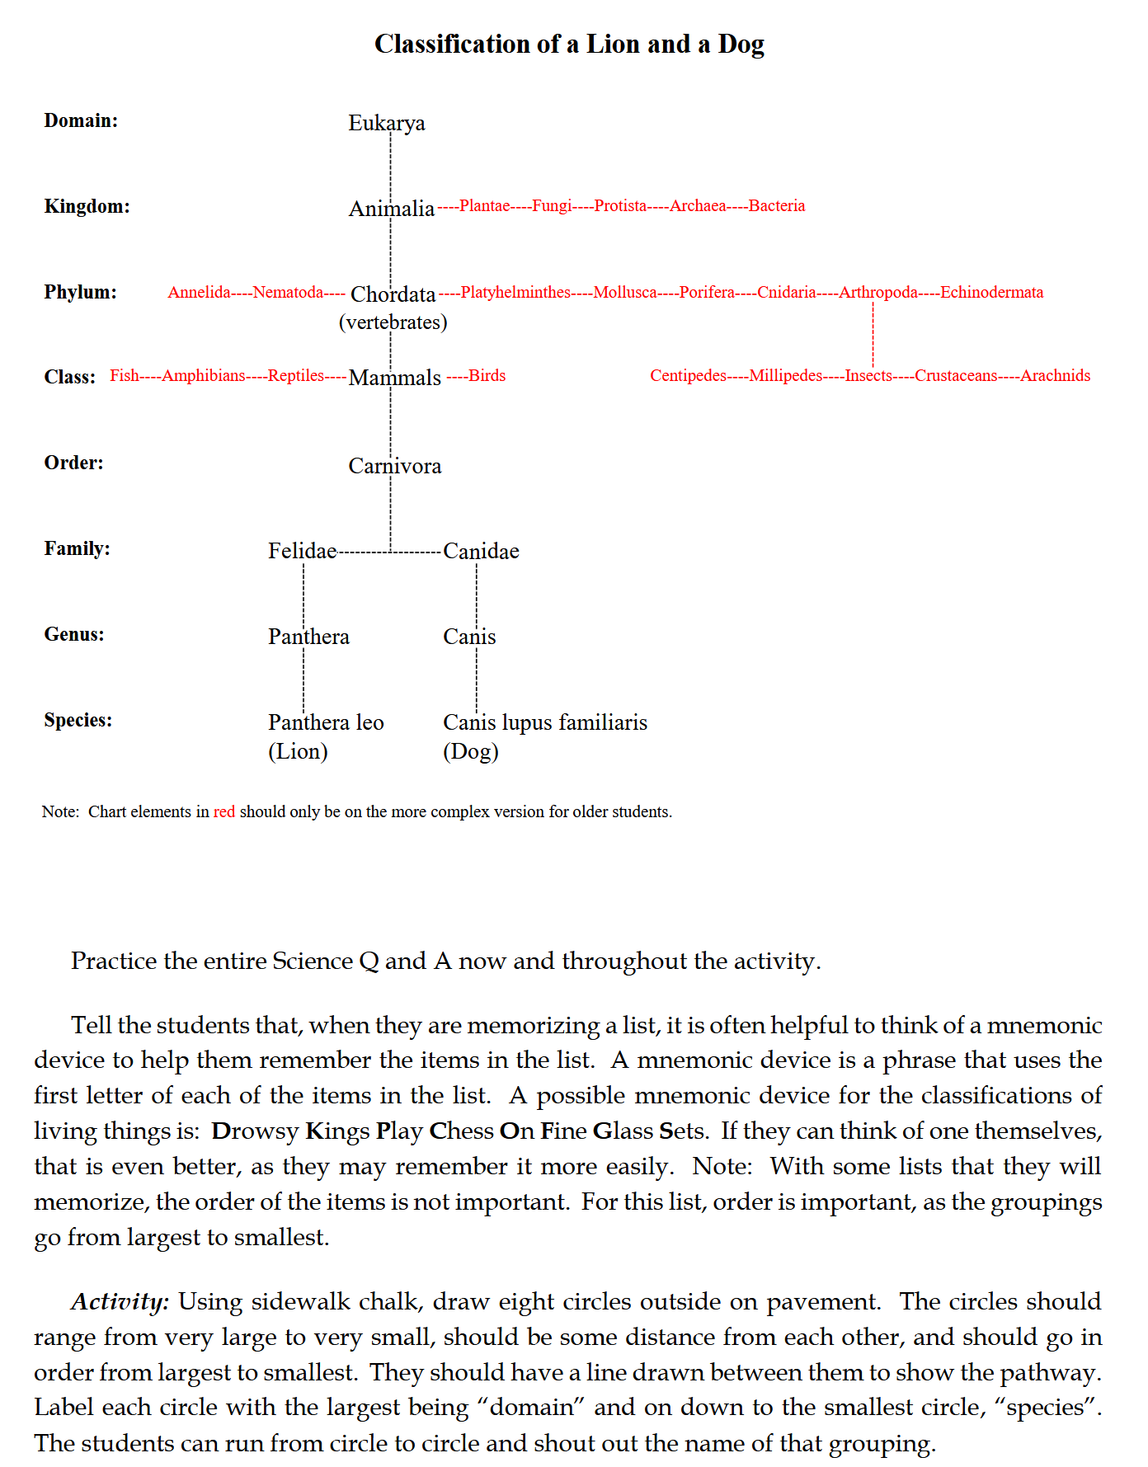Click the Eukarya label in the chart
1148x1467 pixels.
click(x=386, y=123)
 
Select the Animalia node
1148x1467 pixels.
click(x=391, y=209)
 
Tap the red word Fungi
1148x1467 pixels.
click(x=552, y=206)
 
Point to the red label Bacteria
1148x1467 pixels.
click(x=776, y=206)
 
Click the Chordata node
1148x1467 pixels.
click(x=393, y=294)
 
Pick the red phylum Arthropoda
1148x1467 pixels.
click(x=877, y=293)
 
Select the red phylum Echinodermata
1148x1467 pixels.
click(x=991, y=293)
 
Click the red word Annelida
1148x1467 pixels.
click(x=199, y=293)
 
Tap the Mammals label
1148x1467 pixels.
click(x=394, y=378)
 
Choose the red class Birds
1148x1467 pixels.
click(x=487, y=376)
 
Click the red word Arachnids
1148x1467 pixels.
click(x=1055, y=376)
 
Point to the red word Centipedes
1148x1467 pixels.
click(x=688, y=376)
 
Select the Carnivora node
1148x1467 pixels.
click(x=394, y=466)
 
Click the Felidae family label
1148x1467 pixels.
click(x=302, y=551)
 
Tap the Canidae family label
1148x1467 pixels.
click(x=481, y=551)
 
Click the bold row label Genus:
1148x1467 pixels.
click(x=74, y=634)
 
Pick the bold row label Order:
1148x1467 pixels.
click(x=73, y=463)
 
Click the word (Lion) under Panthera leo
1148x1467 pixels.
click(x=298, y=751)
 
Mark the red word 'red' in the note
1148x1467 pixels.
click(x=224, y=812)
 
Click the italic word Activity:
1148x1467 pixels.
click(x=120, y=1301)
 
